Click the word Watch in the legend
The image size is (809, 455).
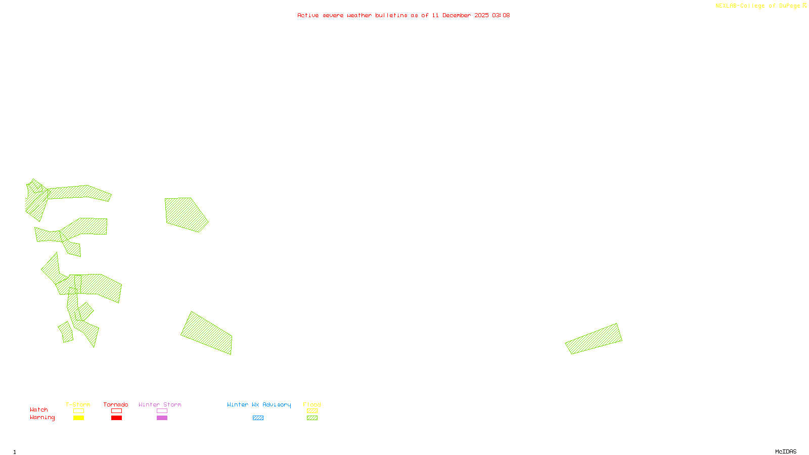[39, 410]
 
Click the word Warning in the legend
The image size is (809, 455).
[42, 418]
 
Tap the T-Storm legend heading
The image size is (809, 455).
[78, 404]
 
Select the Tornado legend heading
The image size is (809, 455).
[116, 404]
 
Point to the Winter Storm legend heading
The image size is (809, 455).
[160, 404]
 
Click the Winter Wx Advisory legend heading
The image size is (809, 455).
[259, 404]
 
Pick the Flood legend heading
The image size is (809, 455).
[312, 404]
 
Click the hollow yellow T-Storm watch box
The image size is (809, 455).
[78, 411]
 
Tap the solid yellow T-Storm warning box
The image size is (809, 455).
[78, 418]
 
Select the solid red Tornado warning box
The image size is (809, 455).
[116, 418]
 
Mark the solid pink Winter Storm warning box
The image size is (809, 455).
[162, 418]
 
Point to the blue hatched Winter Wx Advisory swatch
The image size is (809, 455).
[258, 418]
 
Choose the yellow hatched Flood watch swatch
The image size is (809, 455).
[312, 411]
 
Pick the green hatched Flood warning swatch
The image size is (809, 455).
[312, 418]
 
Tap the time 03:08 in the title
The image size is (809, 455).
[501, 15]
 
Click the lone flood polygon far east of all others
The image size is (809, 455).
[594, 339]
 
